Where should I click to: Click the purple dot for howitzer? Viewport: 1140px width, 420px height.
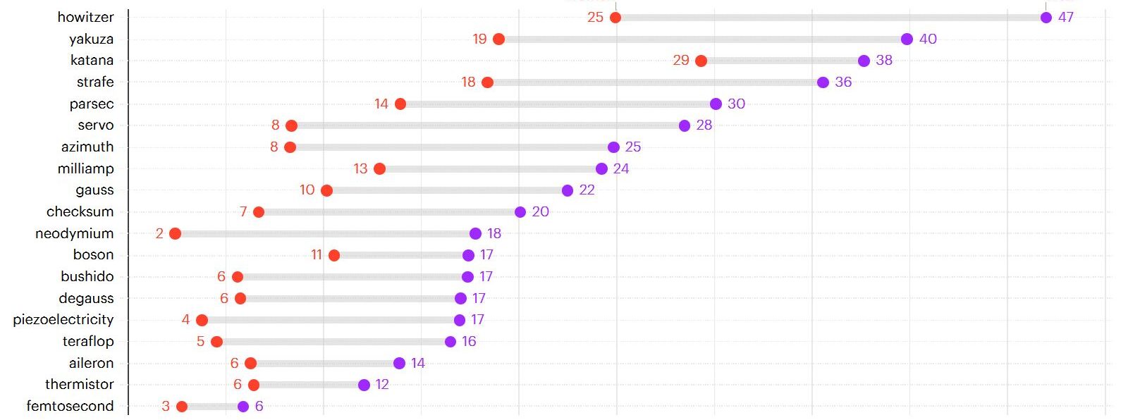[1046, 18]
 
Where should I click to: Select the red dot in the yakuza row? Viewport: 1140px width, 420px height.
[498, 39]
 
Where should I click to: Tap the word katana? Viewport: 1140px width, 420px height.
[92, 61]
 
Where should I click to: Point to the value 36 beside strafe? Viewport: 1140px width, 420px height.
[843, 82]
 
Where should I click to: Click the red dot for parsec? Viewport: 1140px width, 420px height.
[400, 104]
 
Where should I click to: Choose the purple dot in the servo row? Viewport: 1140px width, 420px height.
[684, 125]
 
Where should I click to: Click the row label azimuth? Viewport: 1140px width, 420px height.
[87, 147]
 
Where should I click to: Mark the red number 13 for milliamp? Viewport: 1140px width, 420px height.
[360, 169]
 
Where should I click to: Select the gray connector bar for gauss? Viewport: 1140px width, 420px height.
[446, 190]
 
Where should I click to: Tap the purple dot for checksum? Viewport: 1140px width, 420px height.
[520, 212]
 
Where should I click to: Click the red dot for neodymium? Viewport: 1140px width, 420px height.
[175, 234]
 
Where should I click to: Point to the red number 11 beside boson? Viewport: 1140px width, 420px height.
[317, 255]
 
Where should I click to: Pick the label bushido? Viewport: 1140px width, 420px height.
[87, 277]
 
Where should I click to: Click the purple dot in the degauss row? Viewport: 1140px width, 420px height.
[460, 299]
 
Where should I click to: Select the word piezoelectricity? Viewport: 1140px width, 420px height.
[63, 320]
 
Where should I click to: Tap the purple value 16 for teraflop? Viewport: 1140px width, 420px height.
[469, 342]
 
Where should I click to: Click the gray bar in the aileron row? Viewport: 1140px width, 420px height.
[324, 364]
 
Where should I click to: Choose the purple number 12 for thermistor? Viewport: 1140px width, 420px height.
[382, 385]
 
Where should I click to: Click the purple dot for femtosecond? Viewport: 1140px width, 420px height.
[243, 407]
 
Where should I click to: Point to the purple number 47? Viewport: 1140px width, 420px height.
[1065, 18]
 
